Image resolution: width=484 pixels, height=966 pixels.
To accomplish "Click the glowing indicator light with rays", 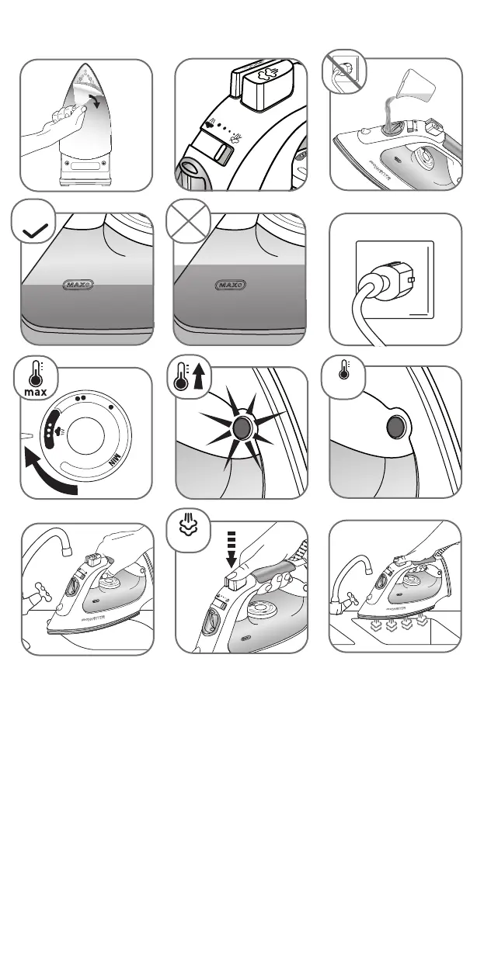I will point(242,428).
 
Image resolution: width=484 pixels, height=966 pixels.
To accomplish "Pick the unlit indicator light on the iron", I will point(395,428).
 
